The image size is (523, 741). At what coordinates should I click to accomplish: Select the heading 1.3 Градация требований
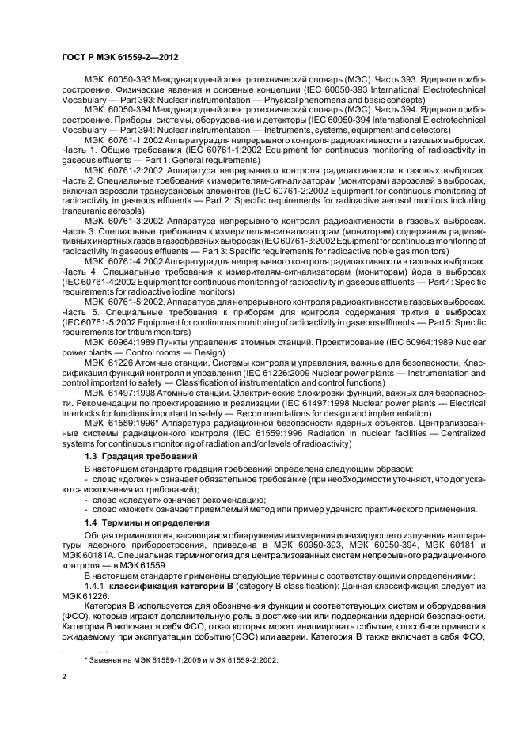[135, 458]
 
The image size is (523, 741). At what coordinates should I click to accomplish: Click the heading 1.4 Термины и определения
[142, 523]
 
